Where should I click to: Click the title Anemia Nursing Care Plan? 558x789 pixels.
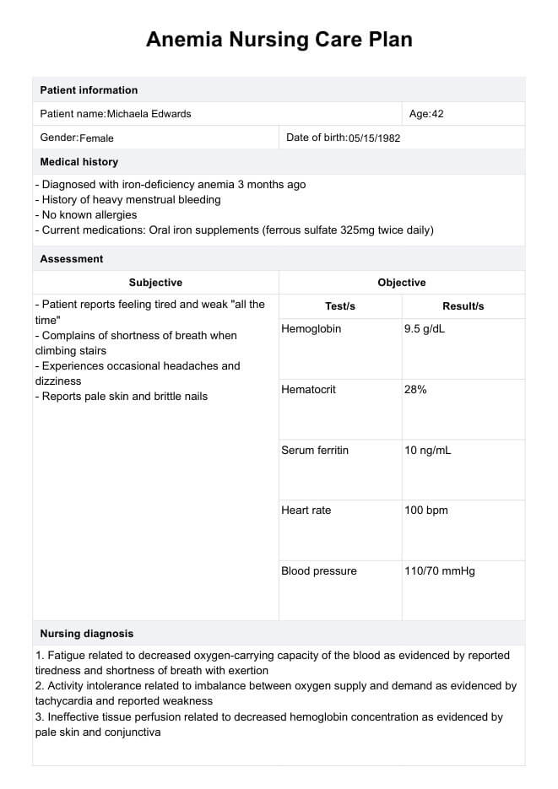pos(279,40)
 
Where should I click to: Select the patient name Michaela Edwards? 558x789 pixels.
pos(149,114)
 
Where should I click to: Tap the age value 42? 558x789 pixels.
pos(437,114)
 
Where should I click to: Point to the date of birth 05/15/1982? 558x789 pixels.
pos(374,138)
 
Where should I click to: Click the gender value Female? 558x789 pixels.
pos(96,138)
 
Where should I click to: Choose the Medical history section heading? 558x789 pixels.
pos(79,162)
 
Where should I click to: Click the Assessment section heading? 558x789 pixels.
pos(72,259)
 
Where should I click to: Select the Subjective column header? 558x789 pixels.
pos(155,283)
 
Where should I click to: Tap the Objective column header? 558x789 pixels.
pos(402,283)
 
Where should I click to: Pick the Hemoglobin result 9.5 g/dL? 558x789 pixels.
pos(425,329)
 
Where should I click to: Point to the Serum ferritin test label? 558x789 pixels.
pos(315,451)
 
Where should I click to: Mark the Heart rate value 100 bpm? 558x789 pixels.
pos(426,511)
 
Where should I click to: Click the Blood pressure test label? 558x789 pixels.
pos(319,571)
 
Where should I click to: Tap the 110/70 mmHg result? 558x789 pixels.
pos(440,571)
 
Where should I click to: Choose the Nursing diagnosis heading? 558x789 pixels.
pos(87,634)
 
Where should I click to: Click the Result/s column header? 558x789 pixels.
pos(463,306)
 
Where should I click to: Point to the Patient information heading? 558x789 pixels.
pos(89,90)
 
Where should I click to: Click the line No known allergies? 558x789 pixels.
pos(86,215)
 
